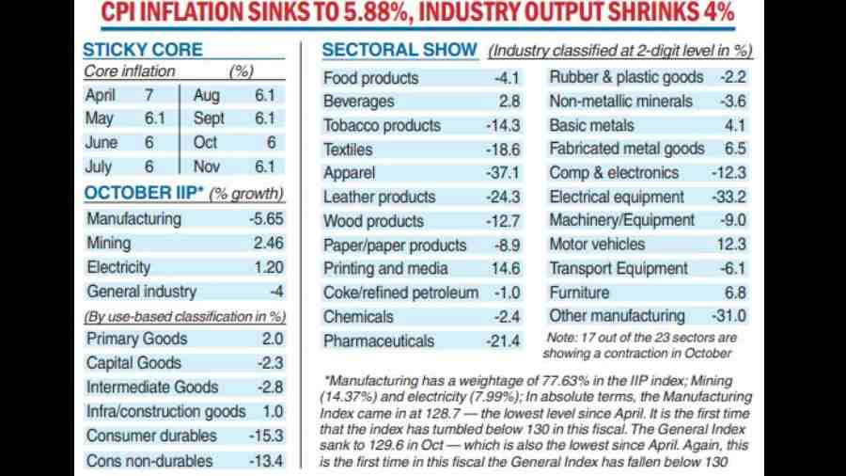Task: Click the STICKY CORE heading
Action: click(x=142, y=50)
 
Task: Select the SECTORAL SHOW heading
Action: click(x=401, y=50)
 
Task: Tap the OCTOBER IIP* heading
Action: click(x=142, y=194)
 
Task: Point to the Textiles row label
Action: click(x=348, y=150)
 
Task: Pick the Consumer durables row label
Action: click(x=149, y=436)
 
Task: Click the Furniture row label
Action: click(x=579, y=293)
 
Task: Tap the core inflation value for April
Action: click(x=148, y=95)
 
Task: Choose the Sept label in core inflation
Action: click(x=209, y=119)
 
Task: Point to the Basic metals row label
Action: click(x=591, y=125)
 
